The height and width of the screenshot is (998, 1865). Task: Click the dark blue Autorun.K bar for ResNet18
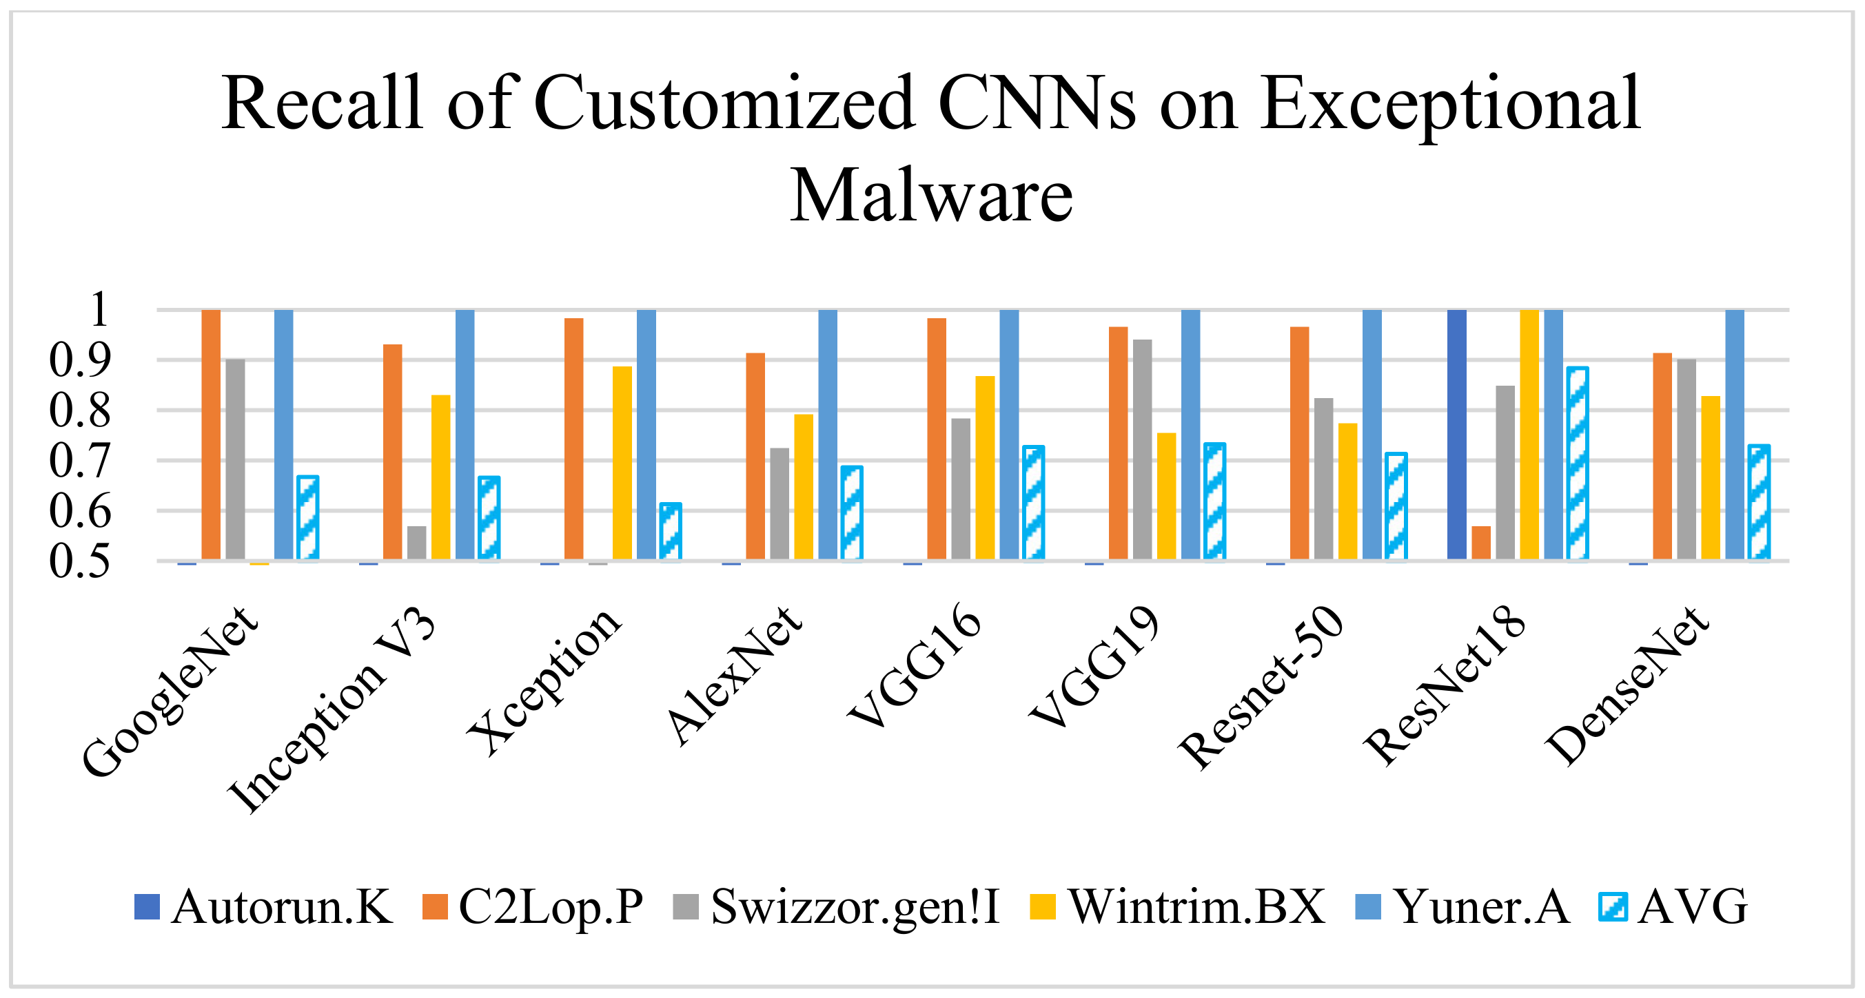click(x=1456, y=434)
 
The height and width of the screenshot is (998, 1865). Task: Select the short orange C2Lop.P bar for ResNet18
click(x=1480, y=542)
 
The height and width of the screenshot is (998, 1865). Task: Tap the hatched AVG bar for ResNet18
click(x=1577, y=463)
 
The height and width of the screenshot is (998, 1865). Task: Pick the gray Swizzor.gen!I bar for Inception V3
click(x=416, y=542)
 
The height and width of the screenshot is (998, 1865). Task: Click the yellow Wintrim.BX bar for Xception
click(x=622, y=462)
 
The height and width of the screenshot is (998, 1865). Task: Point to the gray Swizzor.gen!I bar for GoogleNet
click(x=235, y=459)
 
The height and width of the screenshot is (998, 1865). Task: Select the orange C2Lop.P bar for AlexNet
click(x=755, y=456)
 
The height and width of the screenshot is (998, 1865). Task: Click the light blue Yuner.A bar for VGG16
click(x=1008, y=434)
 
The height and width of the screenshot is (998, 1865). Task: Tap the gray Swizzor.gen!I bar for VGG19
click(x=1142, y=448)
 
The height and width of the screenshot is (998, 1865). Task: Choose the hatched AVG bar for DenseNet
click(x=1759, y=502)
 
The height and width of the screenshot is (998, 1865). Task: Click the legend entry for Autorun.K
click(x=264, y=907)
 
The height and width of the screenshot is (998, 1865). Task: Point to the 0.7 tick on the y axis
click(x=79, y=461)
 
